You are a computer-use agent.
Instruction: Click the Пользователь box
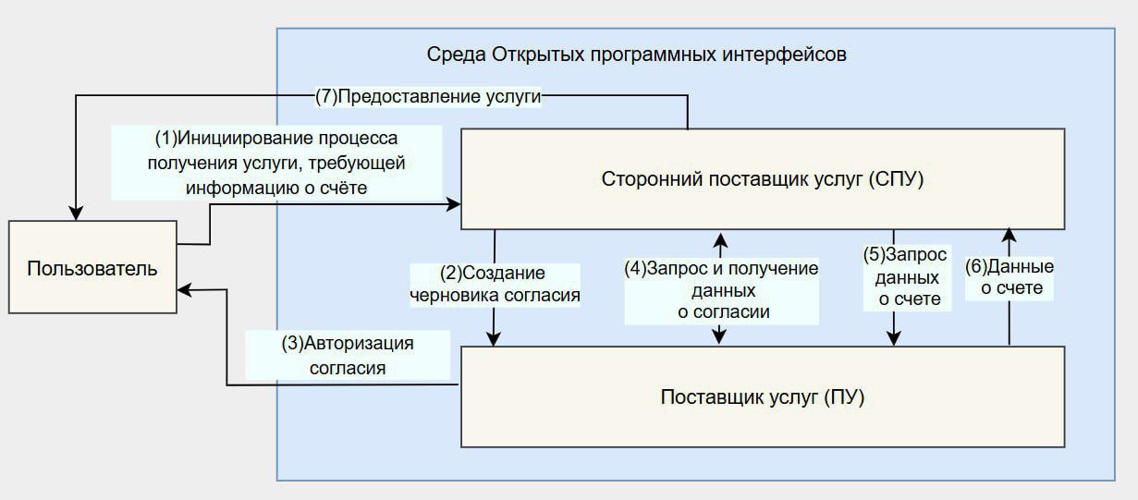pyautogui.click(x=92, y=268)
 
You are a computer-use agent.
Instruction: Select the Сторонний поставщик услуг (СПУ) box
pyautogui.click(x=763, y=179)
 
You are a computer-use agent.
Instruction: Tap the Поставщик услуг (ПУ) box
pyautogui.click(x=763, y=397)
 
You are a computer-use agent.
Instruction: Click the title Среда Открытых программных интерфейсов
pyautogui.click(x=636, y=54)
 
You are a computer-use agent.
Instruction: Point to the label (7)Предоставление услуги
pyautogui.click(x=427, y=98)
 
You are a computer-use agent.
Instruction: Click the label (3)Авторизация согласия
pyautogui.click(x=347, y=355)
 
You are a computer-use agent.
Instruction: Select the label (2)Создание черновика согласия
pyautogui.click(x=495, y=285)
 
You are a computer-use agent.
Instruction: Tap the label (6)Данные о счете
pyautogui.click(x=1010, y=277)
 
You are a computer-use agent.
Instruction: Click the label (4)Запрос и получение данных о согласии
pyautogui.click(x=722, y=290)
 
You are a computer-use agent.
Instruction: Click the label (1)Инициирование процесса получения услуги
pyautogui.click(x=275, y=163)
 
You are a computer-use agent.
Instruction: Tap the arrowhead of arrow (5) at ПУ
pyautogui.click(x=894, y=339)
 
